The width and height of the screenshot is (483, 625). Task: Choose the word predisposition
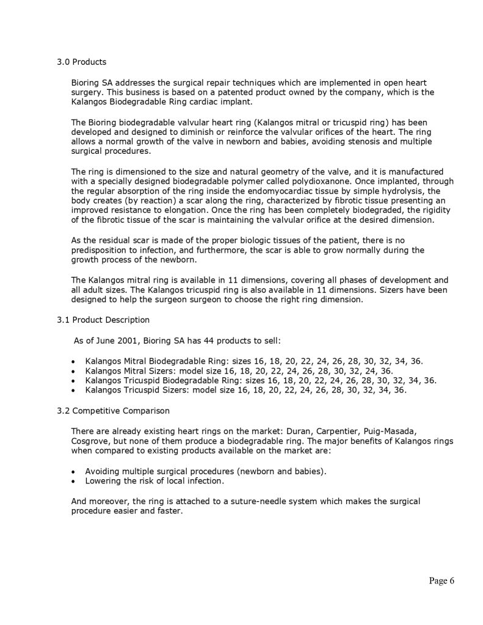tap(99, 250)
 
